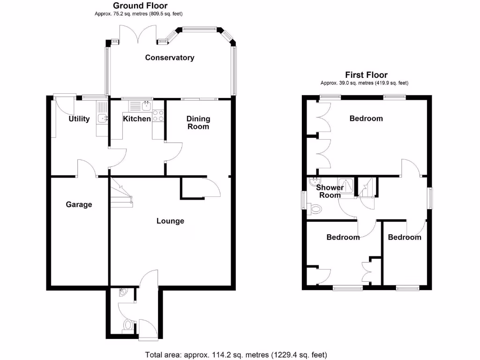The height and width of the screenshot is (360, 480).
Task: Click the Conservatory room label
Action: pos(170,58)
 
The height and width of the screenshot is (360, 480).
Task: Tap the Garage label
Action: pos(79,204)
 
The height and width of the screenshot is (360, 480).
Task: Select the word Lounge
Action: pos(170,221)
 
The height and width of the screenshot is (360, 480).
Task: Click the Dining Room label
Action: pos(198,122)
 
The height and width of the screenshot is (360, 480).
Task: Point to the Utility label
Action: pos(79,119)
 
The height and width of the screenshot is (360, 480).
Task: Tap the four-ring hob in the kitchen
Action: pos(158,116)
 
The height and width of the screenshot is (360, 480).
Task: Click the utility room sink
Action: pos(102,119)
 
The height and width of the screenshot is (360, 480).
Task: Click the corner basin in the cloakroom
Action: pos(123,292)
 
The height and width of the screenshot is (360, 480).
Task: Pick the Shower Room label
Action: pos(330,191)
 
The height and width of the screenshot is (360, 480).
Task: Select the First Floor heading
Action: pos(366,75)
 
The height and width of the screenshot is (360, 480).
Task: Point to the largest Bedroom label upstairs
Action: pos(366,119)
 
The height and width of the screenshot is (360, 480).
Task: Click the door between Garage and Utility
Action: pos(87,169)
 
